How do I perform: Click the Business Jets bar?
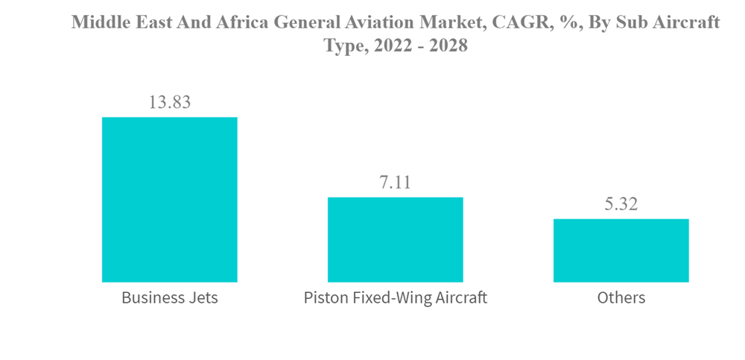point(169,200)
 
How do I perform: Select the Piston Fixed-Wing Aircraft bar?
point(396,239)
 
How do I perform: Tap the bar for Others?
point(621,250)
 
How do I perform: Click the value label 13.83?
point(169,102)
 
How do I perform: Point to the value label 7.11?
point(396,182)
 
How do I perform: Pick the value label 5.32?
point(621,203)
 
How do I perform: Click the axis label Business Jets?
point(169,298)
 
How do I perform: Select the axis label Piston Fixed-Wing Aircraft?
point(396,298)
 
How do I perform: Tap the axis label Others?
point(621,298)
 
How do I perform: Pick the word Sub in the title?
point(627,22)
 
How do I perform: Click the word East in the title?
point(150,22)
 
